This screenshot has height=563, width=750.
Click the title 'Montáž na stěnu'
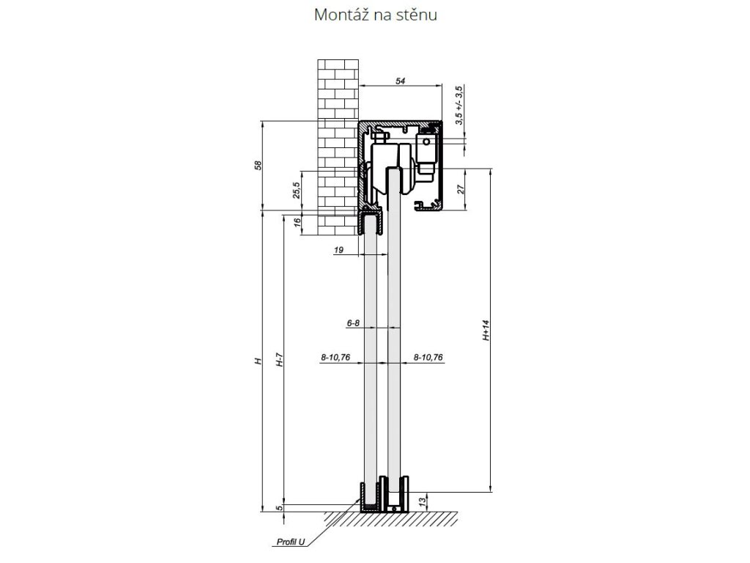click(x=376, y=15)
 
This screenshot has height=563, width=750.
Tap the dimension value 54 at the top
click(x=401, y=81)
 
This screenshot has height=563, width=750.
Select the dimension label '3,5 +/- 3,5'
click(x=458, y=106)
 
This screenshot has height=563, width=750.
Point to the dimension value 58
click(x=259, y=165)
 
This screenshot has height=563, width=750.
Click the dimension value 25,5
click(x=297, y=191)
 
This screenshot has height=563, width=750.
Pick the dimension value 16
click(x=297, y=222)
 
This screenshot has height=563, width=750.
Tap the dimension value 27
click(x=461, y=189)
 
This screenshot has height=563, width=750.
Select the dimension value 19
click(x=338, y=250)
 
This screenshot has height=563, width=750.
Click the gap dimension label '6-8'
click(x=353, y=323)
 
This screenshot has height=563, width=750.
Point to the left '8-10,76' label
click(x=335, y=357)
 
